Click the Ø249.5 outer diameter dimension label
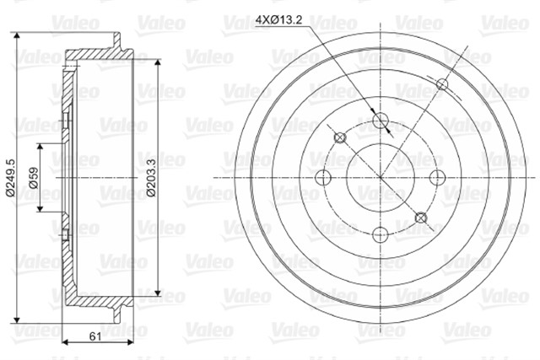[x=10, y=178]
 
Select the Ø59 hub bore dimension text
[x=34, y=178]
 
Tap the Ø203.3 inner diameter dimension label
[x=151, y=178]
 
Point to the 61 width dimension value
[x=95, y=336]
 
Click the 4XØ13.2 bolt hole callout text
[x=278, y=20]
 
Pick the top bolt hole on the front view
[x=381, y=120]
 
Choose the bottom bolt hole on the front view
[x=381, y=235]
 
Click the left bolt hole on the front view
[x=323, y=178]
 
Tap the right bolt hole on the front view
[x=438, y=178]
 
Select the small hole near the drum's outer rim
[x=442, y=84]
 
